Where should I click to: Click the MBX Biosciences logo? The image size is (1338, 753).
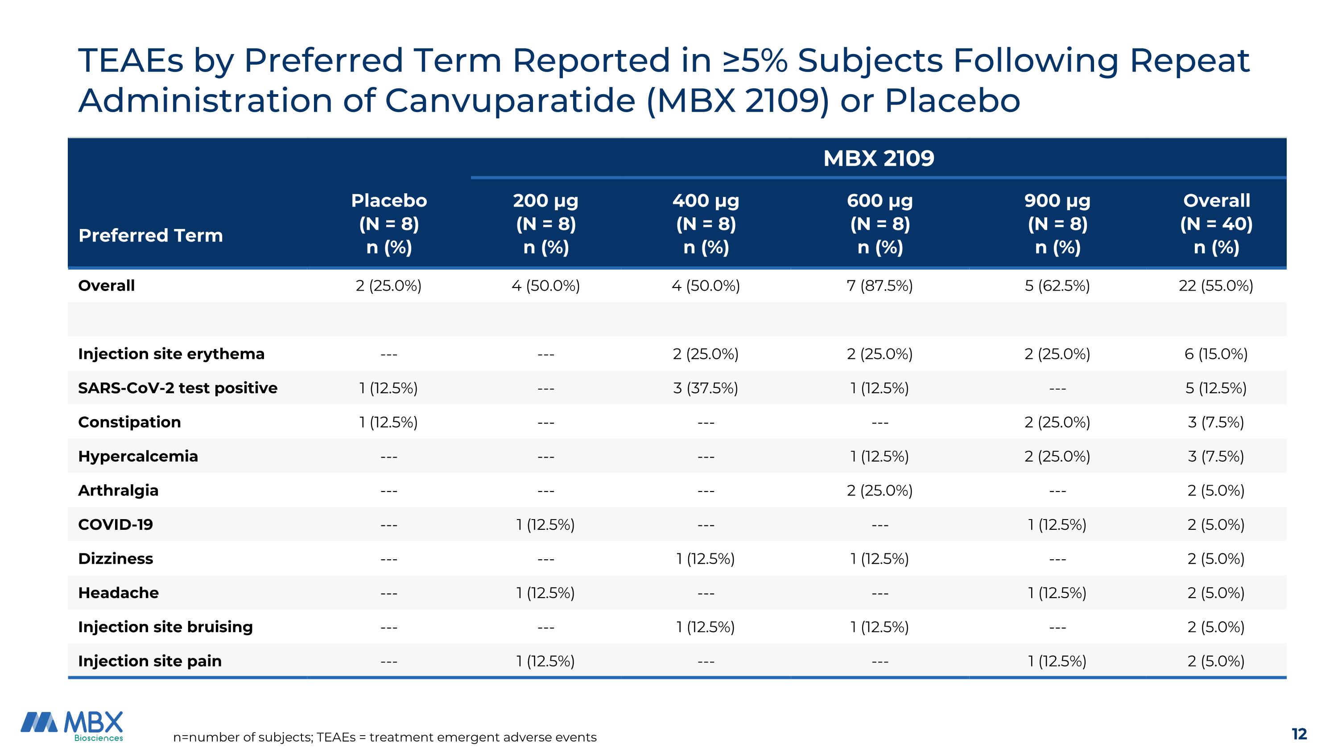click(x=72, y=725)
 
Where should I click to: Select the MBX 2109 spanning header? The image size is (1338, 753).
click(x=878, y=158)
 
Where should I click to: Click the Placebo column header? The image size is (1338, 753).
click(x=388, y=224)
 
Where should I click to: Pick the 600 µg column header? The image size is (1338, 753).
click(x=880, y=224)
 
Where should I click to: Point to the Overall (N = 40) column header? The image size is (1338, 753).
click(x=1216, y=224)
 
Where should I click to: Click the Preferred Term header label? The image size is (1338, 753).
click(x=151, y=235)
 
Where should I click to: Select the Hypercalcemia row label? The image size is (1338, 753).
click(x=138, y=456)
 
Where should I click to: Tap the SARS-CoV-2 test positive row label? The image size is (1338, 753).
click(x=178, y=388)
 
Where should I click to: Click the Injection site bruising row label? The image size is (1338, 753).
click(x=165, y=627)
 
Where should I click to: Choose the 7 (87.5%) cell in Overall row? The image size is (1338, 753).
click(x=880, y=285)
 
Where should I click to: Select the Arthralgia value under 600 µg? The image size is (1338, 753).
click(x=880, y=490)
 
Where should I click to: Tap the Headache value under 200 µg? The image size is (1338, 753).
click(x=545, y=592)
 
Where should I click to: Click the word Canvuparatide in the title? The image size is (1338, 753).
click(x=509, y=100)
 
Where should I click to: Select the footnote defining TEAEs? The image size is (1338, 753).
click(x=384, y=737)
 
